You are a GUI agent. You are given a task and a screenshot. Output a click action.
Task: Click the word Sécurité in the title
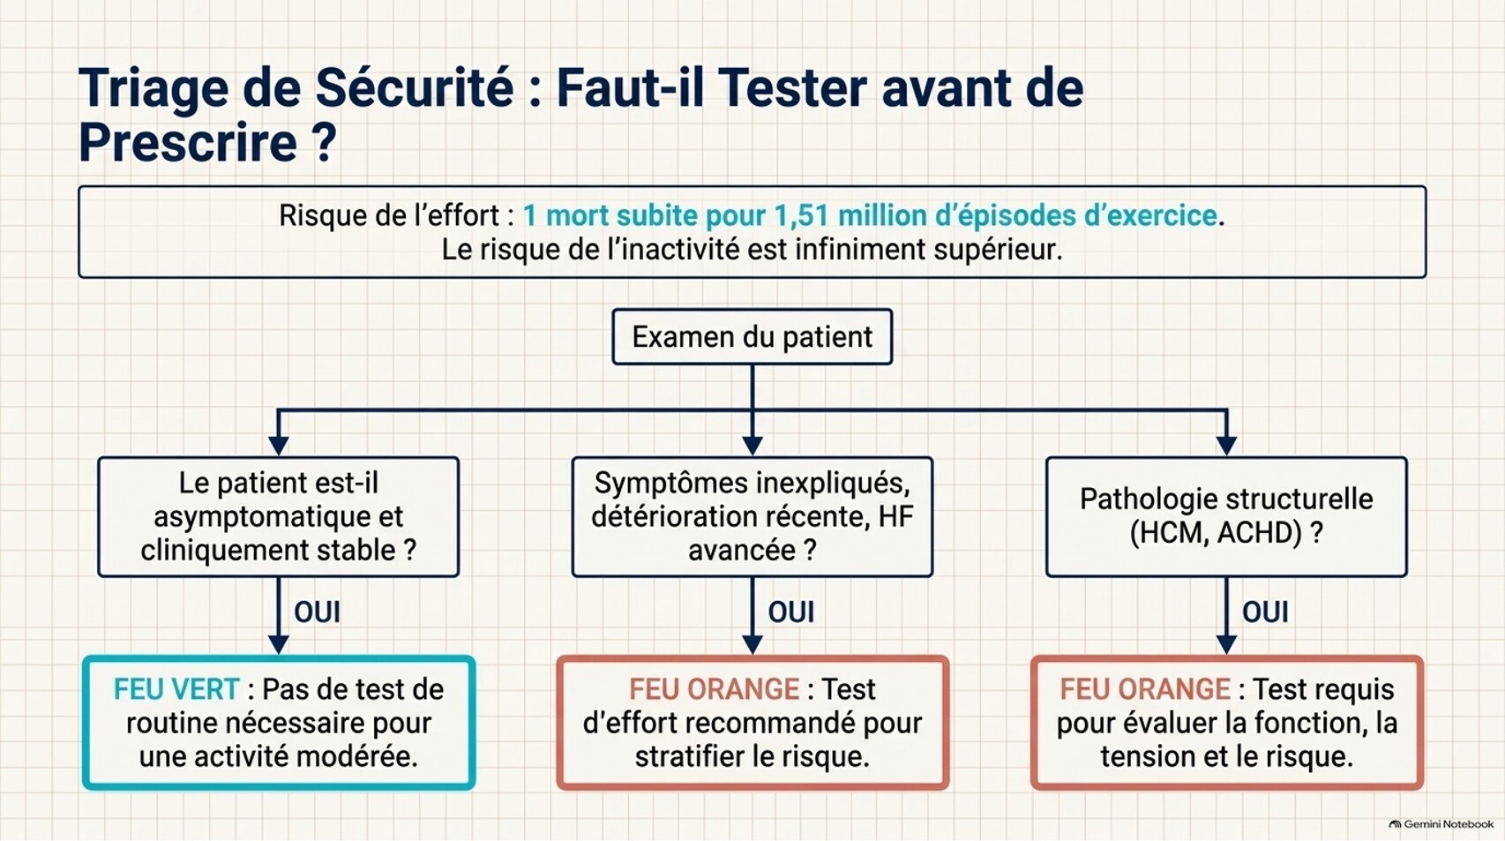pyautogui.click(x=415, y=88)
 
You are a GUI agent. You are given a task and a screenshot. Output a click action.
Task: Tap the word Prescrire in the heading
pyautogui.click(x=188, y=142)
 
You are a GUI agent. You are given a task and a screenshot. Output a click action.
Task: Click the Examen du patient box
pyautogui.click(x=752, y=337)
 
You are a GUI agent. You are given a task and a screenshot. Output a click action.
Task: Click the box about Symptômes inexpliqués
pyautogui.click(x=752, y=517)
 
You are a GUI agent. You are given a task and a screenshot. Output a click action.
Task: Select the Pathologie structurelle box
pyautogui.click(x=1226, y=517)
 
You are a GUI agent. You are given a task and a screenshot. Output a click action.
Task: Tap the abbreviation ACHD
pyautogui.click(x=1255, y=533)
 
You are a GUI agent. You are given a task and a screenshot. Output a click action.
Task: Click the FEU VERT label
pyautogui.click(x=176, y=689)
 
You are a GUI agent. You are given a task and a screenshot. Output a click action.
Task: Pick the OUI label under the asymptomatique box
pyautogui.click(x=317, y=612)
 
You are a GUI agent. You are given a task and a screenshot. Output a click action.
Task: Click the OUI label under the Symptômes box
pyautogui.click(x=790, y=612)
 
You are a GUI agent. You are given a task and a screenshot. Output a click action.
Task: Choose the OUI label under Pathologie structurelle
pyautogui.click(x=1265, y=612)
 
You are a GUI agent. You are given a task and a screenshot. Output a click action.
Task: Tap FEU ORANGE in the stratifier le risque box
pyautogui.click(x=715, y=689)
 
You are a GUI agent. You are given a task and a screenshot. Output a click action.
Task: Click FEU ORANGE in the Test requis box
pyautogui.click(x=1145, y=689)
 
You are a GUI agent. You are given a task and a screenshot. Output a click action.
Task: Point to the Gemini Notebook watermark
pyautogui.click(x=1441, y=824)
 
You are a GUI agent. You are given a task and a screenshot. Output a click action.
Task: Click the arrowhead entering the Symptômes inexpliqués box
pyautogui.click(x=752, y=446)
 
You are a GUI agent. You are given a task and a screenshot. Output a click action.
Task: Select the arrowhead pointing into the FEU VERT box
pyautogui.click(x=278, y=645)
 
